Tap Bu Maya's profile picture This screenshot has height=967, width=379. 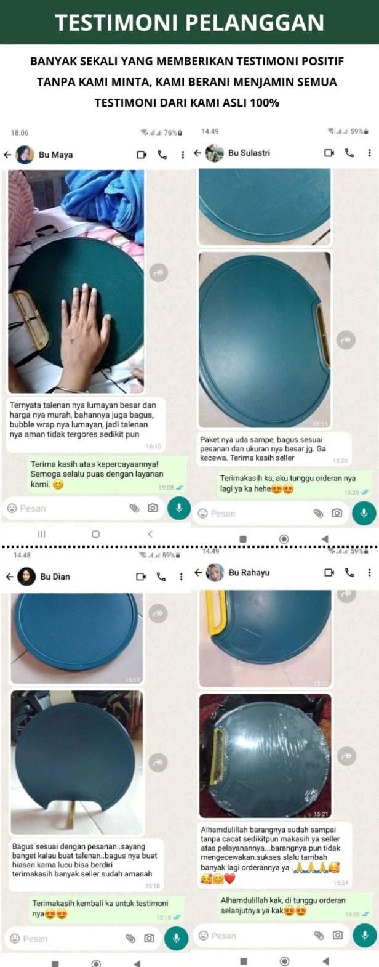(x=25, y=155)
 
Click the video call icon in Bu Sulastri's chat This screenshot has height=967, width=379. (x=329, y=153)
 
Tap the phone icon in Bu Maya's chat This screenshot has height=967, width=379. (x=162, y=155)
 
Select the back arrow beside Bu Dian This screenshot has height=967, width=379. (x=9, y=577)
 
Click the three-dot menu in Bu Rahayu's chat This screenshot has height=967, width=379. (x=370, y=572)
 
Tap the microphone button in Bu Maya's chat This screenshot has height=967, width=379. (x=179, y=508)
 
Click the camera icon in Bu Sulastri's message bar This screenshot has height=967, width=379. (x=337, y=513)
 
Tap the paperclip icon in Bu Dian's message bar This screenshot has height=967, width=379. (x=130, y=937)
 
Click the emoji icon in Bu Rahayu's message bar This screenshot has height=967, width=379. (x=204, y=935)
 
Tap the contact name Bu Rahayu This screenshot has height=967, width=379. (x=249, y=572)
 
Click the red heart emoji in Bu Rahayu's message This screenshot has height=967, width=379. (x=230, y=878)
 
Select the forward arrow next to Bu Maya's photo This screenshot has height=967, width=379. (x=159, y=272)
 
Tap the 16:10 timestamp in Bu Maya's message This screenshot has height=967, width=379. (x=153, y=447)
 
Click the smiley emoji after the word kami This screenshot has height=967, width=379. (x=58, y=484)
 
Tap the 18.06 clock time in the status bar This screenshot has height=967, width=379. (x=20, y=132)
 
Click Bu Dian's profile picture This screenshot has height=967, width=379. (x=26, y=577)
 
